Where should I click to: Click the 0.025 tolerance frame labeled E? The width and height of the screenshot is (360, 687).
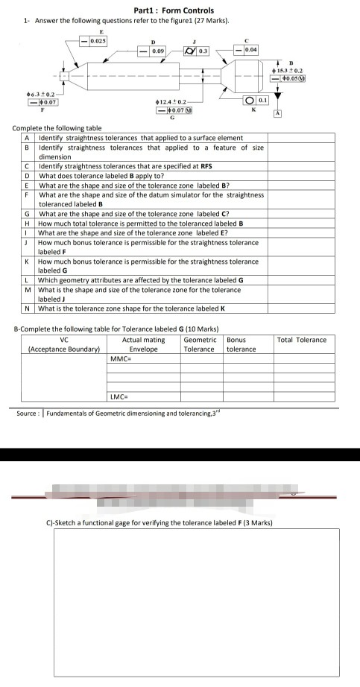point(92,41)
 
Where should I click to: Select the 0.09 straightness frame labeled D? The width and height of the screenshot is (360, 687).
point(153,51)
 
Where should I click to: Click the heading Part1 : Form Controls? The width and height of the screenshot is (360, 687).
point(173,10)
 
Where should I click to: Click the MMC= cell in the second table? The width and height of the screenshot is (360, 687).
point(121,358)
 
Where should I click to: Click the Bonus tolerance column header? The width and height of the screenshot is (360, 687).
point(241,344)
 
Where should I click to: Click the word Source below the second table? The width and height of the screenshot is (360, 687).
point(28,413)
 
